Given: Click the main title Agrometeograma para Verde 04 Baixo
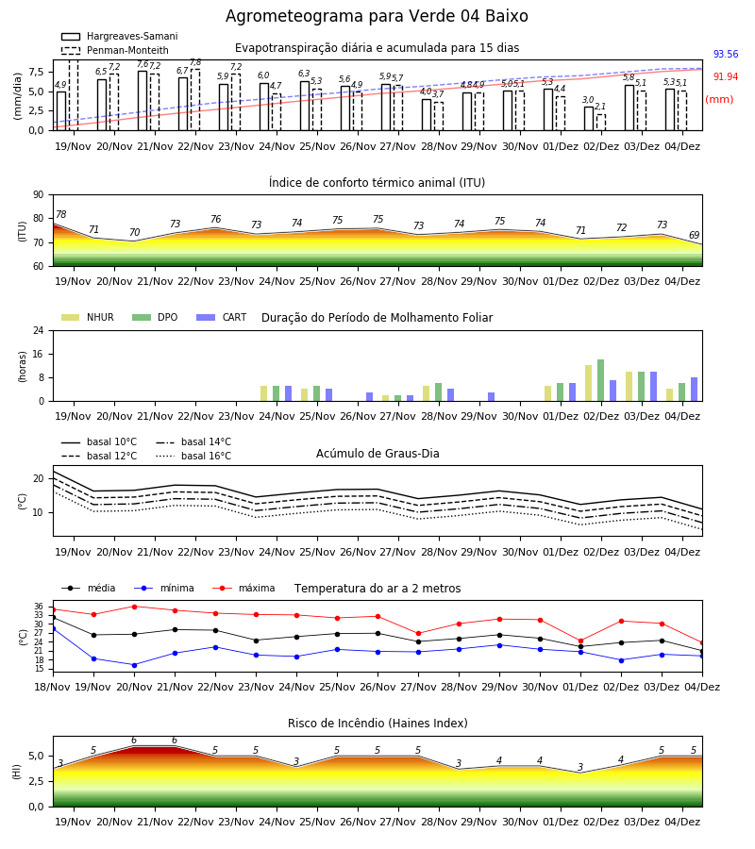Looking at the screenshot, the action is coord(377,16).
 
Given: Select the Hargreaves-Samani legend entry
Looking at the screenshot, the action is coord(119,36).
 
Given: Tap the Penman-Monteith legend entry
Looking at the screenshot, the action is coord(115,50).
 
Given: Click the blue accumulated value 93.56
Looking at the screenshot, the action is coord(726,54).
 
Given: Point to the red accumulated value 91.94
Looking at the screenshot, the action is coord(726,77).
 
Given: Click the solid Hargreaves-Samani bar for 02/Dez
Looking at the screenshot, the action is coord(589,119).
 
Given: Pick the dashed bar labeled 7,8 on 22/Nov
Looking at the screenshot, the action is coord(195,100).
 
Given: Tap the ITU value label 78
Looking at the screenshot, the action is coord(61,214).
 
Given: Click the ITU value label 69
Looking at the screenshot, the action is coord(694,235).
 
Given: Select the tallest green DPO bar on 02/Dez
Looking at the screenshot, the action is coord(600,380).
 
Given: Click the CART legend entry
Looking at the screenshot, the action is coord(222,317).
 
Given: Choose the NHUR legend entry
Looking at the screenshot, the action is coord(88,317).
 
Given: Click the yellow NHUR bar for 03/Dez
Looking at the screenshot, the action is coord(629,387).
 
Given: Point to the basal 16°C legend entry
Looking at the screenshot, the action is coord(193,456).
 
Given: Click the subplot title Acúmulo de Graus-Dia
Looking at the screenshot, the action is coord(377,454).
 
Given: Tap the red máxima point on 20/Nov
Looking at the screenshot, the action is coord(134,607).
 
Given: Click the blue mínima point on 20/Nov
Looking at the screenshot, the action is coord(134,665).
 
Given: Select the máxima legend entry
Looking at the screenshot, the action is coord(244,588).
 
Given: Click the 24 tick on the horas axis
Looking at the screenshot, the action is coord(40,331).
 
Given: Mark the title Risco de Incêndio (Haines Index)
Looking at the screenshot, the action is coord(377,724).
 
